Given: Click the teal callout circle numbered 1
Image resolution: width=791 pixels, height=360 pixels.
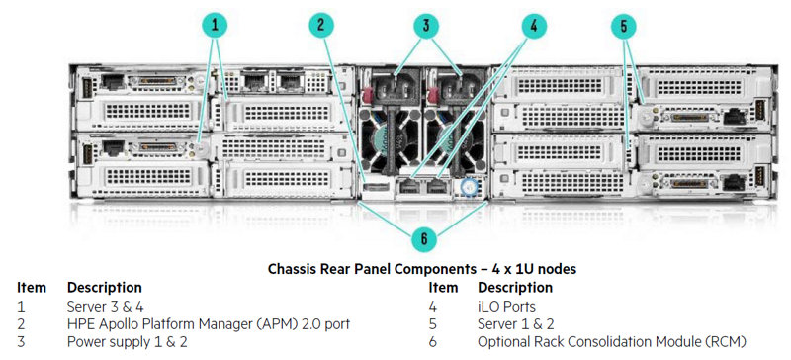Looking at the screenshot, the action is click(x=215, y=26).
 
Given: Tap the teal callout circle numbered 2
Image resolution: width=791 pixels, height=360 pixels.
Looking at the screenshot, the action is click(x=320, y=26).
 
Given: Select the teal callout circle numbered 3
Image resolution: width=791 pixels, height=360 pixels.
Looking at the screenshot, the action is click(x=427, y=26).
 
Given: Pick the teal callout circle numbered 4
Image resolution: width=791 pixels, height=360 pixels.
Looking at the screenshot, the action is click(x=534, y=26).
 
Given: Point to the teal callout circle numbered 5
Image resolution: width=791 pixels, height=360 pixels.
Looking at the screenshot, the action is click(x=624, y=26).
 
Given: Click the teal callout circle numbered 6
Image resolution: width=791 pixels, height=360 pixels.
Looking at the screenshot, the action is click(x=424, y=239).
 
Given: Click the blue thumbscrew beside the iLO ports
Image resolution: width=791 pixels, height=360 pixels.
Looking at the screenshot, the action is click(x=468, y=187).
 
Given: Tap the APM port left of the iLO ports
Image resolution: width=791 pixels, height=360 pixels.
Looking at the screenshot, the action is click(x=377, y=188).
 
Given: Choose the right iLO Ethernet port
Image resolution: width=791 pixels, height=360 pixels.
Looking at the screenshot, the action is click(x=437, y=186).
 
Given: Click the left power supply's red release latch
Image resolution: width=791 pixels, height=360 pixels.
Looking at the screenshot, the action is click(x=367, y=94).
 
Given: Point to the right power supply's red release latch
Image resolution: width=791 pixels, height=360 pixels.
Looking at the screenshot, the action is click(x=432, y=94).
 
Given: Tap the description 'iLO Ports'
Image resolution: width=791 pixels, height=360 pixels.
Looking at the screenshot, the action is click(x=506, y=306).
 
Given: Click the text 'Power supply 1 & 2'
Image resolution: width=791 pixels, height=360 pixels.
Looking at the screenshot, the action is click(x=128, y=342).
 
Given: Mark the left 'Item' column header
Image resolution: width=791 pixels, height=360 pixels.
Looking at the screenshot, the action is click(x=32, y=288).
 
